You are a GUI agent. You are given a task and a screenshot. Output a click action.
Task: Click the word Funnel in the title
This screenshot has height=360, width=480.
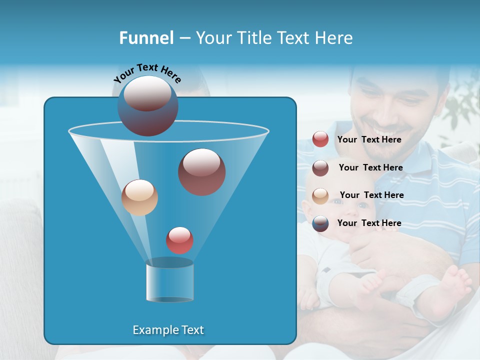click(146, 37)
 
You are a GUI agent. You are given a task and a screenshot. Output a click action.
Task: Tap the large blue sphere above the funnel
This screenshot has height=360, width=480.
click(147, 105)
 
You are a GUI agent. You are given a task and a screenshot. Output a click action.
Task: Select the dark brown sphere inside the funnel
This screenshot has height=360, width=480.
click(201, 172)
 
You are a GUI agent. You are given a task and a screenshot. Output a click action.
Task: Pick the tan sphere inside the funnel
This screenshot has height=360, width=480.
click(139, 197)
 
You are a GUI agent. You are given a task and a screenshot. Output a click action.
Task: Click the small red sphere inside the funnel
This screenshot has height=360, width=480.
click(179, 240)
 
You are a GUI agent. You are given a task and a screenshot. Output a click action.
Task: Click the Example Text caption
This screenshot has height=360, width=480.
click(168, 330)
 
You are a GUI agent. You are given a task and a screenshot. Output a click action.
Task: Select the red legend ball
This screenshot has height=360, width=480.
click(320, 139)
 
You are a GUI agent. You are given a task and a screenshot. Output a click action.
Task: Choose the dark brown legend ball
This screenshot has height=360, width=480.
click(320, 168)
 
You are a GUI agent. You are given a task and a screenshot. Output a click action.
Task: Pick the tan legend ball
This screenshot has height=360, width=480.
click(320, 195)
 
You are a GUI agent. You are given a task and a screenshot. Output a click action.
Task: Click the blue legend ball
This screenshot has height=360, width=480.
click(320, 223)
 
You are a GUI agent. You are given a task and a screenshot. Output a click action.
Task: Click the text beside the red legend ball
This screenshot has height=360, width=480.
click(369, 140)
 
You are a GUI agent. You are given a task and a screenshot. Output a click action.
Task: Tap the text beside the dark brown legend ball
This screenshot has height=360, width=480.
click(370, 168)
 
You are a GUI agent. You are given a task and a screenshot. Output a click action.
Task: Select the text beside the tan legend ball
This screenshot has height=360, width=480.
click(371, 195)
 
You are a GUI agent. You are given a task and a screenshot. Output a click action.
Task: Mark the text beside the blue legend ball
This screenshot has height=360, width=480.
click(369, 223)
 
